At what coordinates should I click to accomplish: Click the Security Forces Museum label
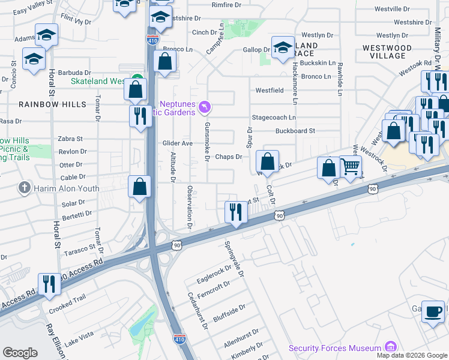[335, 348]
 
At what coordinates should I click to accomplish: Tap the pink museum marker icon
[391, 347]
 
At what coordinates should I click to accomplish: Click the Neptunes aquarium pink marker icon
[205, 107]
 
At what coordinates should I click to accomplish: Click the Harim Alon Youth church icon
[24, 188]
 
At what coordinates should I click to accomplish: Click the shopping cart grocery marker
[351, 166]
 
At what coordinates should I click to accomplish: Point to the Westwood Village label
[387, 52]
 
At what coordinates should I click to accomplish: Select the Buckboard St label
[295, 131]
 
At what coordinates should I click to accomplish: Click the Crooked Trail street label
[68, 302]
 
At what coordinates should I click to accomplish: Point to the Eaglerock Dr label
[213, 274]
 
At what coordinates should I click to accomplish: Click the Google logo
[20, 352]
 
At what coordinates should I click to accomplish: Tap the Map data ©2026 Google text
[411, 355]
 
